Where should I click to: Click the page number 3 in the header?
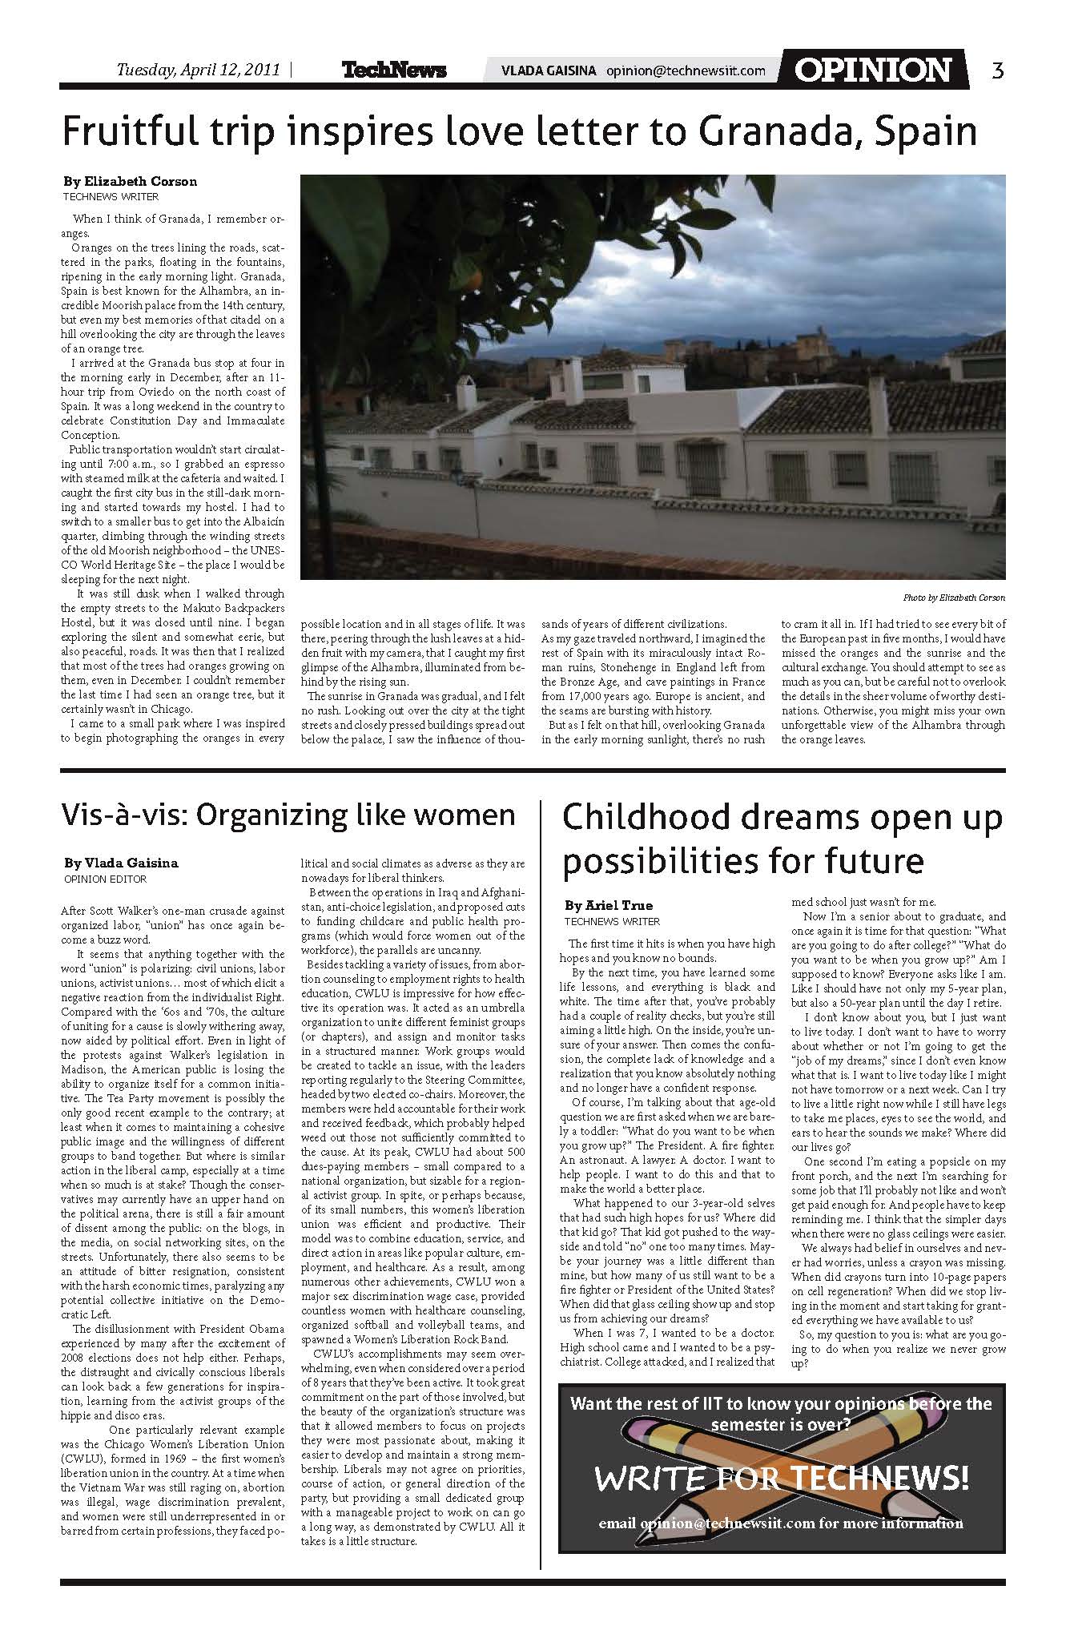click(997, 70)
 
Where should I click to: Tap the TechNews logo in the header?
click(394, 70)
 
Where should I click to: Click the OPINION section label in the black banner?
click(872, 70)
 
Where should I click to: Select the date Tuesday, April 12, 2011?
click(199, 70)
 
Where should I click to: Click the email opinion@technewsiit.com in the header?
click(686, 70)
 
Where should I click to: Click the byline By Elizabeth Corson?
click(130, 181)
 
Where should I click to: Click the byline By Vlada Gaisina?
click(121, 863)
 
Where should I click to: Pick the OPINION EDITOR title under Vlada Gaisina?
click(104, 879)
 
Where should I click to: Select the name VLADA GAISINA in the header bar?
click(549, 70)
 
